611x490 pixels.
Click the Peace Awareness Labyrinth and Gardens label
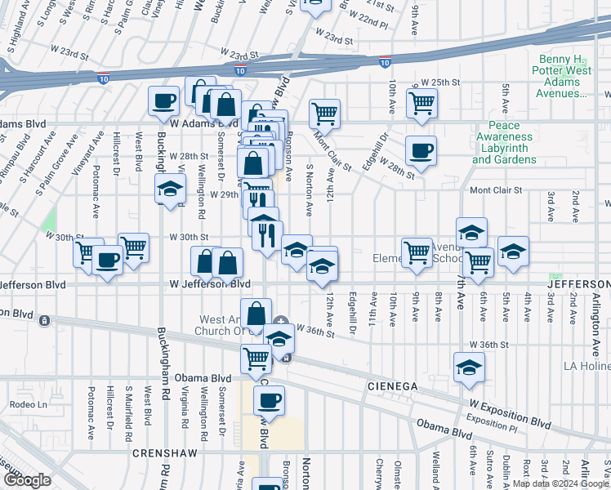504,143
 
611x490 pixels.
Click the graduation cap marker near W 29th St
170,189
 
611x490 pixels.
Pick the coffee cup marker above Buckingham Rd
163,101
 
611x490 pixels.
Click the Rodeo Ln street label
29,404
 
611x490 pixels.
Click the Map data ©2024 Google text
560,483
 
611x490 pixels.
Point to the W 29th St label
216,196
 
